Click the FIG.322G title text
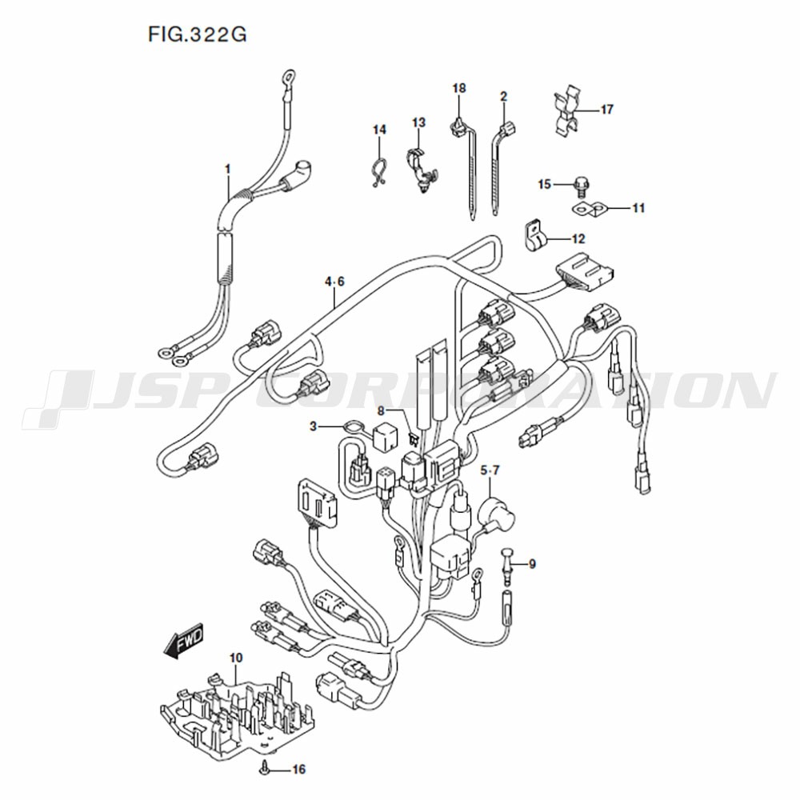click(x=198, y=34)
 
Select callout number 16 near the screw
click(x=299, y=769)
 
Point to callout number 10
click(x=236, y=658)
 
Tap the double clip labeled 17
click(x=568, y=114)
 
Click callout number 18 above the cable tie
click(x=459, y=88)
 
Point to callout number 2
click(x=503, y=96)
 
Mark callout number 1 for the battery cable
click(x=228, y=169)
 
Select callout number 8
click(x=381, y=410)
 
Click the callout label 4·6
click(x=334, y=282)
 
